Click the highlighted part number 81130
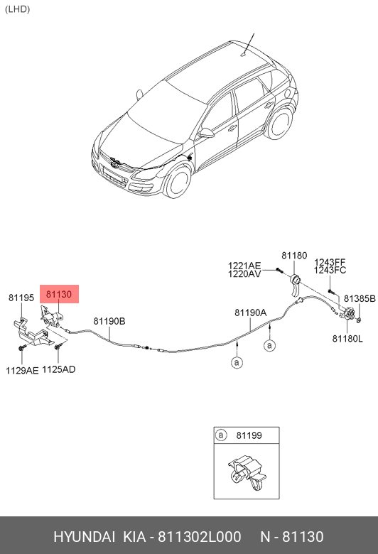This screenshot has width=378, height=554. (x=59, y=294)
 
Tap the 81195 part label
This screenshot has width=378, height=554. (x=21, y=298)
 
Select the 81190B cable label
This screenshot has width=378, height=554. (x=109, y=321)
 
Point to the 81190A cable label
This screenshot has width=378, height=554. (x=250, y=313)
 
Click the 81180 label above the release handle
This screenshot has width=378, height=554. (x=294, y=256)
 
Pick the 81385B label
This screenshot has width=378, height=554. (x=360, y=298)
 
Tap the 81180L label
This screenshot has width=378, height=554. (x=347, y=339)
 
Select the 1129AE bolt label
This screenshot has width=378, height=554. (x=22, y=370)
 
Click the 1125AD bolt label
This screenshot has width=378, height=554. (x=59, y=369)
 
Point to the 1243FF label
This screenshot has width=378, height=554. (x=330, y=262)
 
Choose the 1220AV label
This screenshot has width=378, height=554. (x=244, y=274)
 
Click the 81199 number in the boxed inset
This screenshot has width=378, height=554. (x=249, y=435)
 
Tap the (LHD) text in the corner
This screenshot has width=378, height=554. (x=17, y=9)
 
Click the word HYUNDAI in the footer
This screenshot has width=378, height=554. (x=84, y=537)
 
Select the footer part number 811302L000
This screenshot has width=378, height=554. (x=199, y=537)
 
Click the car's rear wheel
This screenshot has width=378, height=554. (x=280, y=123)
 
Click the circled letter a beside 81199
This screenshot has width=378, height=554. (x=221, y=435)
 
